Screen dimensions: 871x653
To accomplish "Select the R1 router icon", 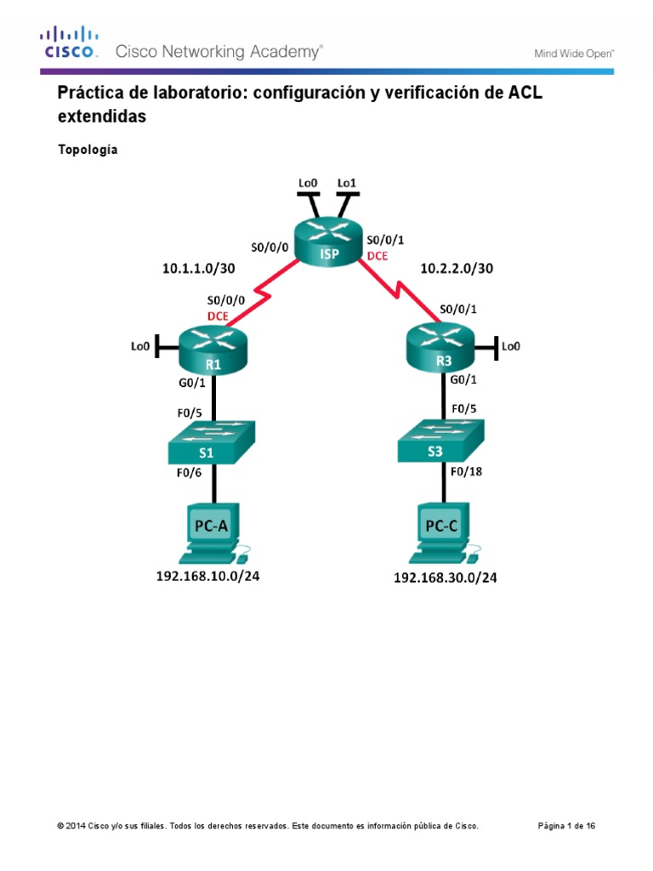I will click(x=213, y=350).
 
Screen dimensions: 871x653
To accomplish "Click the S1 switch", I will click(x=213, y=443).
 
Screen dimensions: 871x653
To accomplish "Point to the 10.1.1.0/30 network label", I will click(x=198, y=268).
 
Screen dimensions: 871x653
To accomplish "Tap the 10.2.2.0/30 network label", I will click(x=457, y=268).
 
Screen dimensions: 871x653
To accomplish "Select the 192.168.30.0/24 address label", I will click(x=445, y=578).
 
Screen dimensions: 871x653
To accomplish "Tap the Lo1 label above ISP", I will click(x=347, y=182).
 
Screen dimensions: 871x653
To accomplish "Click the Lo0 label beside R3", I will click(x=510, y=346).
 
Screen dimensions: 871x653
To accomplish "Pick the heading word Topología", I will click(x=88, y=151).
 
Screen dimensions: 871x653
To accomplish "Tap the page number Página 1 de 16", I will click(x=573, y=826).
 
